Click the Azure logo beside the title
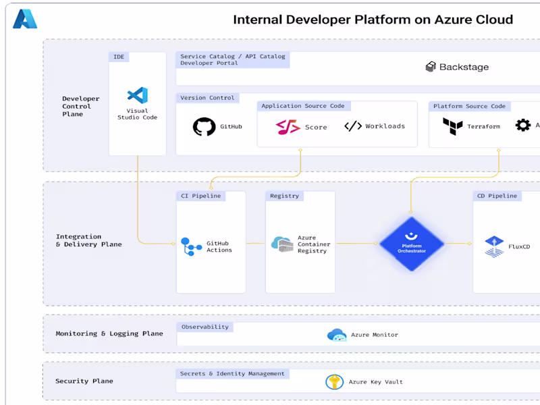pos(25,19)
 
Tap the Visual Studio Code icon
pos(137,95)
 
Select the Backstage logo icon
pos(431,67)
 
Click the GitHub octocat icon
pos(204,127)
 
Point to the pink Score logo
pos(288,127)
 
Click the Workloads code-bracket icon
pos(353,126)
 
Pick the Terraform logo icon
pos(452,126)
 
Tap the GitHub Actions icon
pos(191,247)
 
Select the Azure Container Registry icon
pos(281,244)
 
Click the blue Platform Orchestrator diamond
pos(411,244)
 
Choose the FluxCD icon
pos(494,246)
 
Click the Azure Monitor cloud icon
pos(336,335)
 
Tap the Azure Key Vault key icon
pos(334,382)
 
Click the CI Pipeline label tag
pos(200,196)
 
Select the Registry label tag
pos(284,196)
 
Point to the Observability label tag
pos(205,327)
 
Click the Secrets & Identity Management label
pos(232,373)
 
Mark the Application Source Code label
pos(302,106)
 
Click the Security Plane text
pos(84,381)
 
